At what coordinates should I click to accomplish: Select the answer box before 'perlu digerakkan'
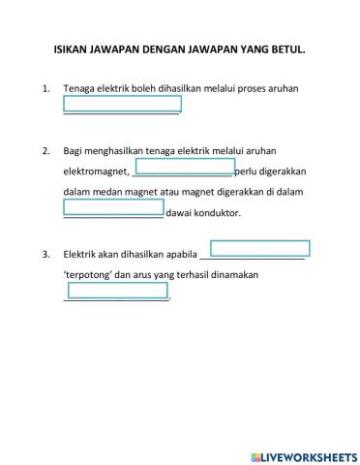point(185,168)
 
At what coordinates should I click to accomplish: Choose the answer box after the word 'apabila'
point(259,249)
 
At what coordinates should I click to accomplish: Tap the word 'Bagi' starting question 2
point(73,151)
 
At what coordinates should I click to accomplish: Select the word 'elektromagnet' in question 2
point(94,171)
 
